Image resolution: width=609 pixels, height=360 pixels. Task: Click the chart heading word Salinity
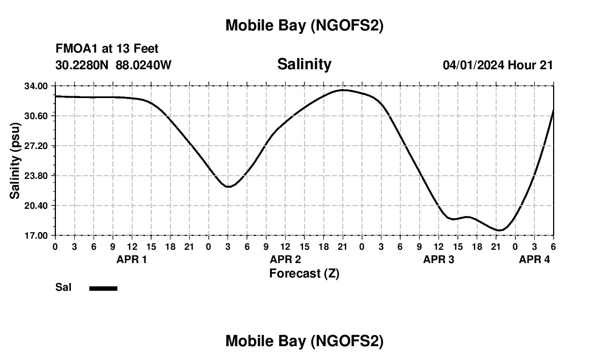coord(304,64)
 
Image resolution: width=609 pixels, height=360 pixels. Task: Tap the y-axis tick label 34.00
coord(36,86)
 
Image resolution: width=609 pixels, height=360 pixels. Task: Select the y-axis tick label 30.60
coord(36,116)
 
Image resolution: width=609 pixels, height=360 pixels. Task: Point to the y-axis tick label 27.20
coord(36,146)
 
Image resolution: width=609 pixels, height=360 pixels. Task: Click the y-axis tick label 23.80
coord(36,176)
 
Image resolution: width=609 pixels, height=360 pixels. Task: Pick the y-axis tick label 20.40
coord(36,205)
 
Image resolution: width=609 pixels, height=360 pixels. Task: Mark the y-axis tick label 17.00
coord(36,235)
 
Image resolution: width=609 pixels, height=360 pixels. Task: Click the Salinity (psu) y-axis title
coord(15,161)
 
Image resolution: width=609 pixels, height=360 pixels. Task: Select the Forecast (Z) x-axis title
coord(304,273)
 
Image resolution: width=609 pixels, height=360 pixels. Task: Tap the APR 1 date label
coord(132,259)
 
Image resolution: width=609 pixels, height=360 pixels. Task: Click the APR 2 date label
coord(285,259)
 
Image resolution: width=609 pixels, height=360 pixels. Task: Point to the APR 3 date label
coord(439,259)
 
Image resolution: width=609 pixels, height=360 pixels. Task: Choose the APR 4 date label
coord(534,259)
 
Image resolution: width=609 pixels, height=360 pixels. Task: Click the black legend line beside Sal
coord(103,288)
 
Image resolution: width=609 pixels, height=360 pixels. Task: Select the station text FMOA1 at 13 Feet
coord(107,49)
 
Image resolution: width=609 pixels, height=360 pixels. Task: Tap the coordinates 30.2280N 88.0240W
coord(113,65)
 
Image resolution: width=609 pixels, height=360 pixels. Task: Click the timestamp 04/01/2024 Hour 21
coord(498,65)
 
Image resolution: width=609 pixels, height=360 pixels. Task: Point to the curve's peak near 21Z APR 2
coord(343,90)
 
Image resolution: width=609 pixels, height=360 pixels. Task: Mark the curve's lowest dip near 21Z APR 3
coord(499,230)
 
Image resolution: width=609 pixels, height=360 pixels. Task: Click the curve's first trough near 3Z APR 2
coord(228,187)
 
